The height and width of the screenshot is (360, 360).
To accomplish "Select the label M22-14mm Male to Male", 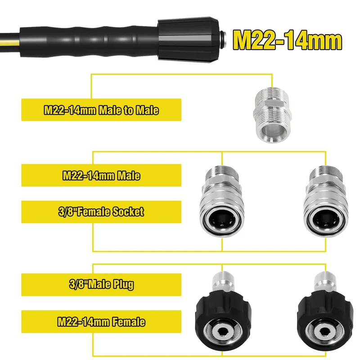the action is [101, 110].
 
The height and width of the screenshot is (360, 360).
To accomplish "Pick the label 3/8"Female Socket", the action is [101, 211].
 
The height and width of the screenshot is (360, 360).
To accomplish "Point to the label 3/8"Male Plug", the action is [101, 284].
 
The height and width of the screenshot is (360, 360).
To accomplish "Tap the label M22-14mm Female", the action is [101, 321].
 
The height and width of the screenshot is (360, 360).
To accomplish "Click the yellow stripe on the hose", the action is [9, 41].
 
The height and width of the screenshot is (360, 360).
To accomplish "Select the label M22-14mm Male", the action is [101, 175].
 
